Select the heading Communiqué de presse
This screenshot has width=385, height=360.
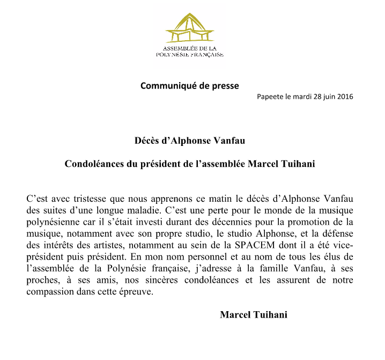(189, 85)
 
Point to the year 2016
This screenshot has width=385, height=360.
(345, 97)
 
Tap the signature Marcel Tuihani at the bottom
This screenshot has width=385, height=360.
(253, 315)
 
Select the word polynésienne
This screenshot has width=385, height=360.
(52, 222)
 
